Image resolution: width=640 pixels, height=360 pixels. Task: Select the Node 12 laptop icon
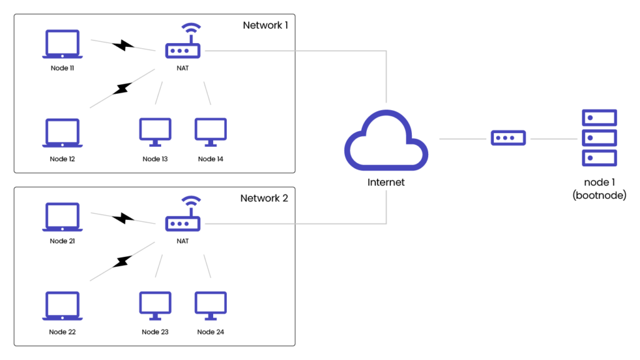click(62, 133)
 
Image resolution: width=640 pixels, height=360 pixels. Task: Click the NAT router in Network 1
click(182, 49)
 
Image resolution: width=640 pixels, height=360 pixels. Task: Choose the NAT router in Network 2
click(182, 222)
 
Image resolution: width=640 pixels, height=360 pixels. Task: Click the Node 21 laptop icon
click(62, 217)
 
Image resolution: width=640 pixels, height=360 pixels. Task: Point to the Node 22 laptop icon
click(62, 306)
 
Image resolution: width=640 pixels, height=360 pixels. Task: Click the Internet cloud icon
click(386, 140)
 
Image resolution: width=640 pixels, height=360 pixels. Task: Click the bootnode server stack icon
click(599, 137)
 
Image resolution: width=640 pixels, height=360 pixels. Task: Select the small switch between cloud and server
click(508, 138)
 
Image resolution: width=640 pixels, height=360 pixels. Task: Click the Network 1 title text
click(265, 25)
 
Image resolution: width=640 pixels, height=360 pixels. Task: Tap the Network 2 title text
click(264, 198)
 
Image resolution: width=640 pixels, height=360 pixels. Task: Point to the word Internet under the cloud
click(386, 182)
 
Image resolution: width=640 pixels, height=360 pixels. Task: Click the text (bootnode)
click(599, 196)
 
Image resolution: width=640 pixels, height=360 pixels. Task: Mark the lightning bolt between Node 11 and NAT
click(124, 46)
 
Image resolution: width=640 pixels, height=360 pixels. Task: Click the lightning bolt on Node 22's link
click(123, 261)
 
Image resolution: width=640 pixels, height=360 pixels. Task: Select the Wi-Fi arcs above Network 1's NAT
click(191, 29)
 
